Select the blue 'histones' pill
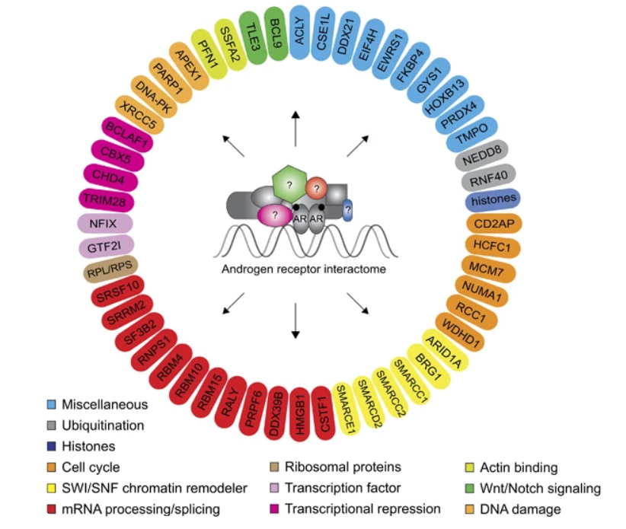(x=493, y=199)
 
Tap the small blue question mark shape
(x=348, y=209)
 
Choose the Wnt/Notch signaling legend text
(x=538, y=488)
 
